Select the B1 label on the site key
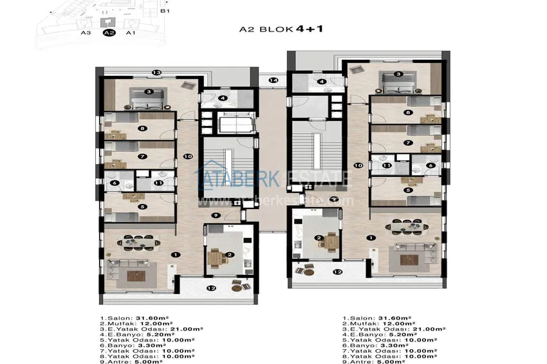tap(165, 11)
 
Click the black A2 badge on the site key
tap(109, 32)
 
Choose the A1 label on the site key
tap(130, 32)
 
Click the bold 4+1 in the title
tap(309, 29)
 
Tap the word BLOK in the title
tap(279, 30)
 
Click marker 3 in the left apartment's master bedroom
tap(148, 92)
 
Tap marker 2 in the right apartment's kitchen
tap(318, 239)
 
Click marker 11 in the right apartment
tap(387, 166)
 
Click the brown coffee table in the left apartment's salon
tap(136, 276)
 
